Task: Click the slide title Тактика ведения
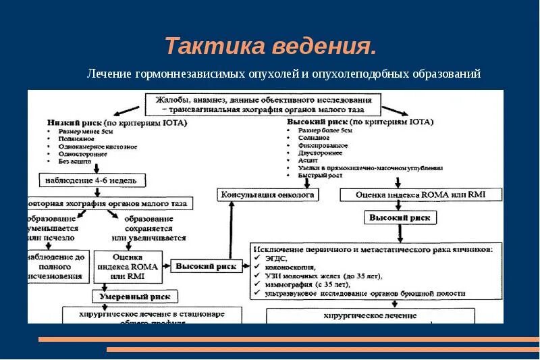270,47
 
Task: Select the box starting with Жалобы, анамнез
263,104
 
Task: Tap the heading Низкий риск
74,123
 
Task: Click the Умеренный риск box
134,296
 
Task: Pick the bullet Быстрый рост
318,175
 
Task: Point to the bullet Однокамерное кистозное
98,147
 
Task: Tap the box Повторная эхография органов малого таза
109,203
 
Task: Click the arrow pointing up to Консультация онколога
232,230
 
